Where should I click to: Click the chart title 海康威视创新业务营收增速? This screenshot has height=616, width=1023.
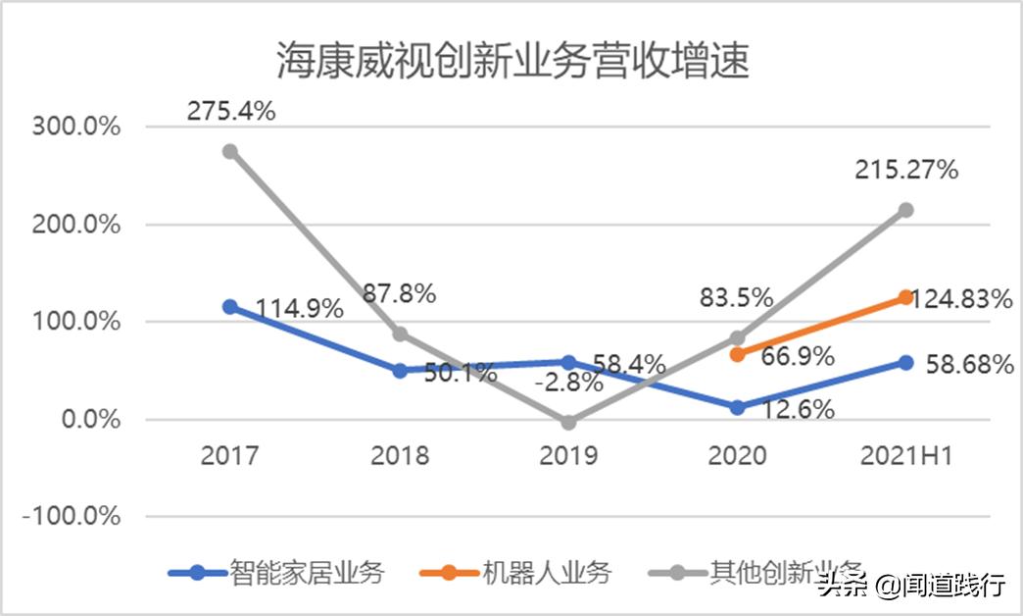pos(511,61)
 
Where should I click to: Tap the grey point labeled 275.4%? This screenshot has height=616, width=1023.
pos(229,151)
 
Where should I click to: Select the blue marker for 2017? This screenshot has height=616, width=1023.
pos(229,307)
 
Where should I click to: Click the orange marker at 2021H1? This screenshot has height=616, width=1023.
pos(905,297)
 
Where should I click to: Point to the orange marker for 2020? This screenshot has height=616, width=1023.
pos(737,354)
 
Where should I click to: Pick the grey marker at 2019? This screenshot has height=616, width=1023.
pos(568,422)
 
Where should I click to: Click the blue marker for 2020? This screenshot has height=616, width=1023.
pos(737,407)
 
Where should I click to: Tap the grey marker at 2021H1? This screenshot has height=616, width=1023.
pos(905,210)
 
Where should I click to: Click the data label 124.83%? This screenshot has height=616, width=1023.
pos(961,299)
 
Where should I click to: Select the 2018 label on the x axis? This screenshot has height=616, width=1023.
pos(399,456)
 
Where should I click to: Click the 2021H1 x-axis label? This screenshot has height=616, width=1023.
pos(905,456)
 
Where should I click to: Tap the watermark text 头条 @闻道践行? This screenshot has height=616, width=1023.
pos(911,586)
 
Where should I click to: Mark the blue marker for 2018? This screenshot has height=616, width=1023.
pos(399,371)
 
